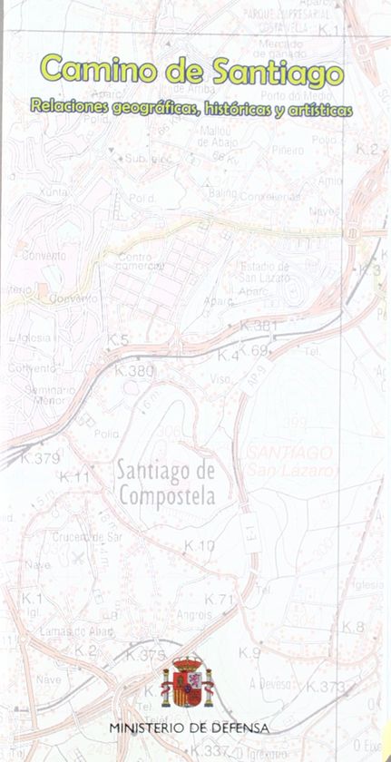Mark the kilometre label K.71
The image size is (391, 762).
click(x=219, y=599)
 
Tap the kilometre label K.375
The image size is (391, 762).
click(x=145, y=655)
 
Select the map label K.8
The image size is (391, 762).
click(x=353, y=627)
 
